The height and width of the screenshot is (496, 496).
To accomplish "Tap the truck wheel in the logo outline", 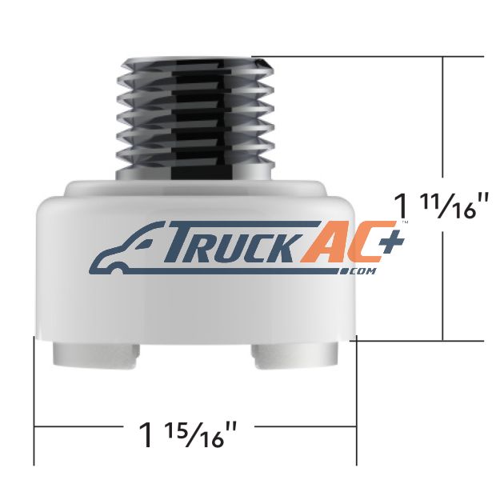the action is (x=118, y=271).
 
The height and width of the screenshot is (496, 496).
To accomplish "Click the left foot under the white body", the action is (x=96, y=354).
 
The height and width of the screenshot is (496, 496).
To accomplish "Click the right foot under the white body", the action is (x=295, y=356).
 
